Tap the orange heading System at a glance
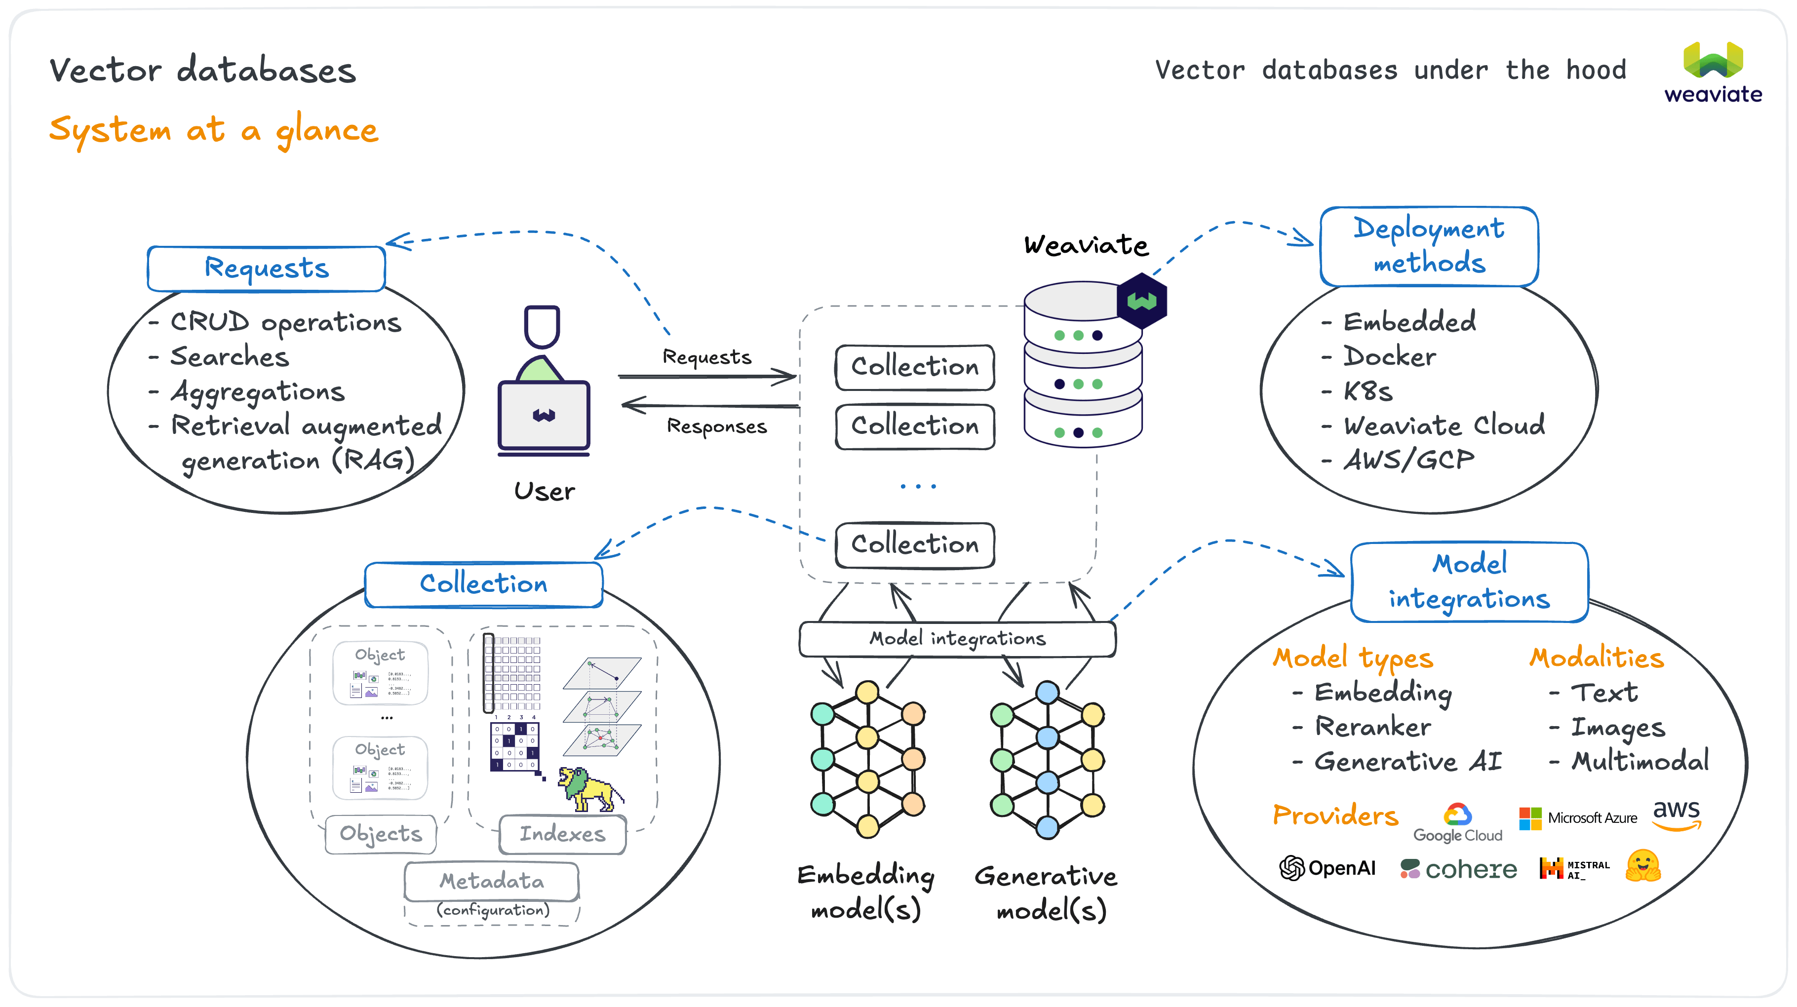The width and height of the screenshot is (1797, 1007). pos(213,130)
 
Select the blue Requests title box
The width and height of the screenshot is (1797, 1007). pos(266,269)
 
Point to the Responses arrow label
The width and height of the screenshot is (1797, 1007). pos(716,426)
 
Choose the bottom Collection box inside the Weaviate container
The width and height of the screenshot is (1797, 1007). pos(914,544)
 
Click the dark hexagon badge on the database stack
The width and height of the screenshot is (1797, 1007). pos(1141,301)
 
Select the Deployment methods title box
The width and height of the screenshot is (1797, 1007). pos(1429,246)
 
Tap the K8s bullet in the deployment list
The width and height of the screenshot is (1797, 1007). pos(1367,391)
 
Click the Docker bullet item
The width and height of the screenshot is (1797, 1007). pos(1389,357)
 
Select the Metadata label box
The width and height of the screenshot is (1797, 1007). pos(491,882)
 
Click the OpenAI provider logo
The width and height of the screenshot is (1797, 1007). pos(1327,868)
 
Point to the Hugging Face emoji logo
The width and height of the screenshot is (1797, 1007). pos(1643,866)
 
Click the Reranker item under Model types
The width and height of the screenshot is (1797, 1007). pos(1372,727)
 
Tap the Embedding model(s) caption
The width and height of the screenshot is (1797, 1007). pos(866,892)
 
